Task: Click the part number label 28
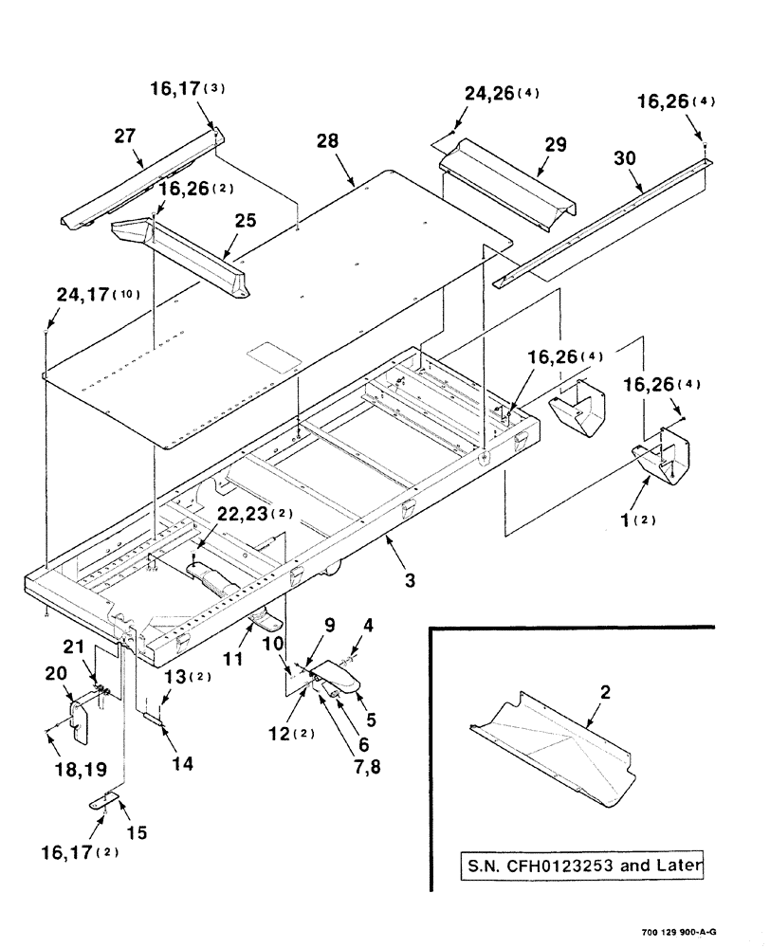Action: coord(327,141)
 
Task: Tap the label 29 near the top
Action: coord(555,144)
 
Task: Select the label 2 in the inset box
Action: coord(605,694)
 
